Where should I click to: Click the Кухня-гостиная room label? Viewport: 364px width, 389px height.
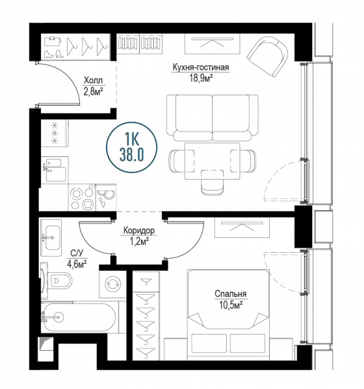[201, 67]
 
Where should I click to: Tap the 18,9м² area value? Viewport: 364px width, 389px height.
[201, 78]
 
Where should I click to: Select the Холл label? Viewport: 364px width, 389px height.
[93, 80]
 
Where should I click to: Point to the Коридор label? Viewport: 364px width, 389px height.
[139, 230]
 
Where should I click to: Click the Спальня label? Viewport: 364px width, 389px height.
[231, 294]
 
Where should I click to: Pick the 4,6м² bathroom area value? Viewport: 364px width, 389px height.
[77, 264]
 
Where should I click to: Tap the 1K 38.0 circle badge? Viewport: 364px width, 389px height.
[131, 147]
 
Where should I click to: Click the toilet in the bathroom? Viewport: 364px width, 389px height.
[58, 281]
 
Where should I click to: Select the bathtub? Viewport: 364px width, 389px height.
[79, 317]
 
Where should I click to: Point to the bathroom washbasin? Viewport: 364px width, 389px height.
[51, 238]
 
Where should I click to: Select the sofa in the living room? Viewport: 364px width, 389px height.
[213, 118]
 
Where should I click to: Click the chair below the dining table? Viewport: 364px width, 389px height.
[213, 182]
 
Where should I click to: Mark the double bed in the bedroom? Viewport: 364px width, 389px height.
[228, 314]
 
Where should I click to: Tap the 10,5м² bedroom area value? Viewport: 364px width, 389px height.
[231, 305]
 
